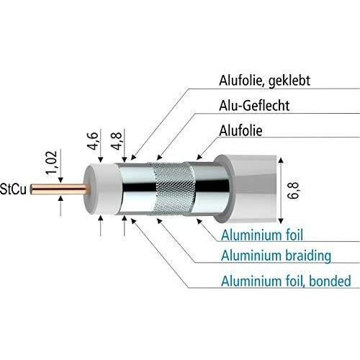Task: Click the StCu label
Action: pyautogui.click(x=13, y=189)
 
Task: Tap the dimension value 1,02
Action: pyautogui.click(x=52, y=162)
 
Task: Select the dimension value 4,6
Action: pyautogui.click(x=93, y=141)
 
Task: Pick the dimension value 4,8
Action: pyautogui.click(x=117, y=141)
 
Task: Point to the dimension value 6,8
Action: pyautogui.click(x=293, y=191)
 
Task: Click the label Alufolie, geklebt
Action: pyautogui.click(x=264, y=81)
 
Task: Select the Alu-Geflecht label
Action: pyautogui.click(x=254, y=106)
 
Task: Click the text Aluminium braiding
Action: pyautogui.click(x=276, y=256)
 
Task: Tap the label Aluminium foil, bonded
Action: pyautogui.click(x=286, y=281)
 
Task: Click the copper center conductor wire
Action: pyautogui.click(x=60, y=189)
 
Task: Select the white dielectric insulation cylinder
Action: pyautogui.click(x=102, y=189)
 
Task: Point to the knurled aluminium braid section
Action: pyautogui.click(x=174, y=189)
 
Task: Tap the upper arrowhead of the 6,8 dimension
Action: pyautogui.click(x=281, y=161)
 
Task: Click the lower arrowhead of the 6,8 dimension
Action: pyautogui.click(x=281, y=221)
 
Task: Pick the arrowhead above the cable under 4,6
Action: pyautogui.click(x=101, y=160)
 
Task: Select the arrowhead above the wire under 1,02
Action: pyautogui.click(x=60, y=180)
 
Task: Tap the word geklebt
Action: pyautogui.click(x=289, y=81)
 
